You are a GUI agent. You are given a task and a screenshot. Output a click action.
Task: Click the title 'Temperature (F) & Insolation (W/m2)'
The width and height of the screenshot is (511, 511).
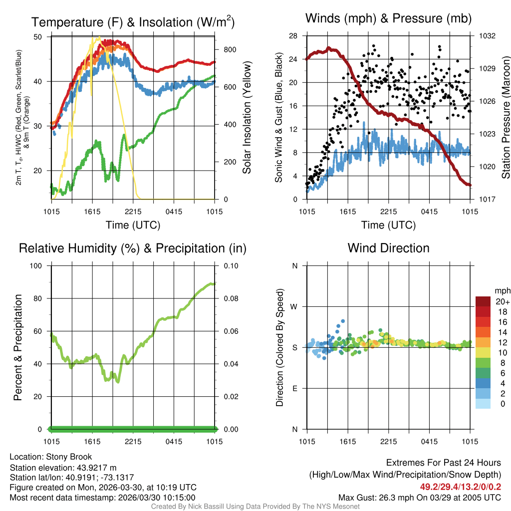click(133, 22)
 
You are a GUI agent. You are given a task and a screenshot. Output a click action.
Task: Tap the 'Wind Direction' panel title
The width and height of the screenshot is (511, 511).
click(388, 248)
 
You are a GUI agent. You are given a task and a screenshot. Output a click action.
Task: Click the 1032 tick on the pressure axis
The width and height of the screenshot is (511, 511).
click(487, 36)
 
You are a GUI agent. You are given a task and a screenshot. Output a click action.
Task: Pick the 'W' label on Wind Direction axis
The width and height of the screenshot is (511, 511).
click(294, 306)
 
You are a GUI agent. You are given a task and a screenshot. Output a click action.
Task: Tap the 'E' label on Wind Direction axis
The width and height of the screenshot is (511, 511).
click(294, 388)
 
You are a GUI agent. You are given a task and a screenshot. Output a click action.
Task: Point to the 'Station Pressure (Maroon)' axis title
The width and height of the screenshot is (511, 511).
click(506, 117)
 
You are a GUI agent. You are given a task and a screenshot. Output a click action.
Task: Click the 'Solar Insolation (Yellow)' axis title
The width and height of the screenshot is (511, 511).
click(247, 117)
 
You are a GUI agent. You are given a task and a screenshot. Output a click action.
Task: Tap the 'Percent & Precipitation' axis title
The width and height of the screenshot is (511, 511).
click(18, 347)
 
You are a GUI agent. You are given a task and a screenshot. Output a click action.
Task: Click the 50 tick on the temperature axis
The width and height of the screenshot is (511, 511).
click(38, 37)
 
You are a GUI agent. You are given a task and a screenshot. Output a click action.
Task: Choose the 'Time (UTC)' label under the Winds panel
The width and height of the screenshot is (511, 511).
click(389, 225)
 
